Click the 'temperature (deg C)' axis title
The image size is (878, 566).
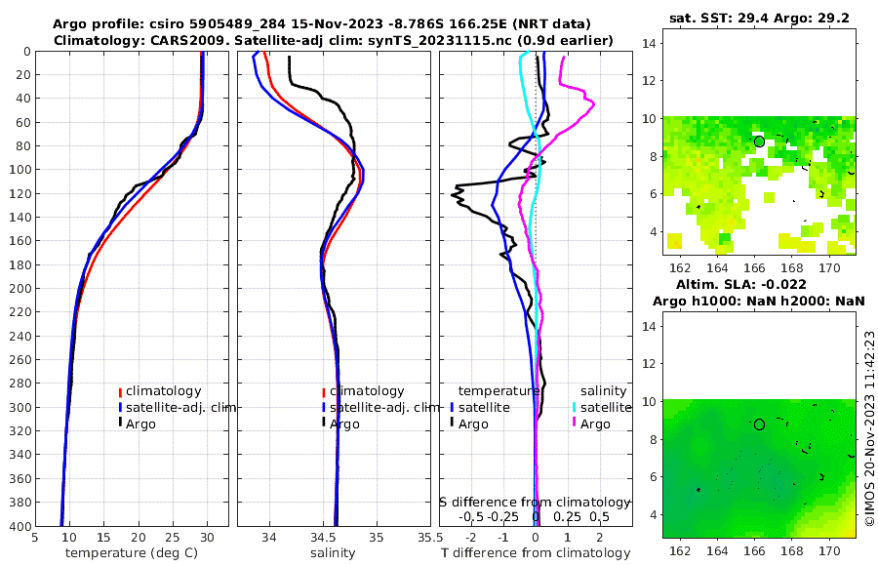132,553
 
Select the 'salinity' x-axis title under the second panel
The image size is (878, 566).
333,553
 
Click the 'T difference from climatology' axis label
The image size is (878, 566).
535,553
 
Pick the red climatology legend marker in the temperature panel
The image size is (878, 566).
120,391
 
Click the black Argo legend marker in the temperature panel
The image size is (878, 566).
120,423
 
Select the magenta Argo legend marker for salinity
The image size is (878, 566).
575,424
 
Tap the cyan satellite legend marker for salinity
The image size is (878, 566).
575,407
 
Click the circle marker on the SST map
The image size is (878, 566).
759,141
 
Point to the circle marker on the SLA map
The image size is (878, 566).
759,424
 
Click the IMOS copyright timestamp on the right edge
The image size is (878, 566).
869,429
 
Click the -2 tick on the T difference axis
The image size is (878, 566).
472,537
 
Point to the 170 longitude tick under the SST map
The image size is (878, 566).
829,268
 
